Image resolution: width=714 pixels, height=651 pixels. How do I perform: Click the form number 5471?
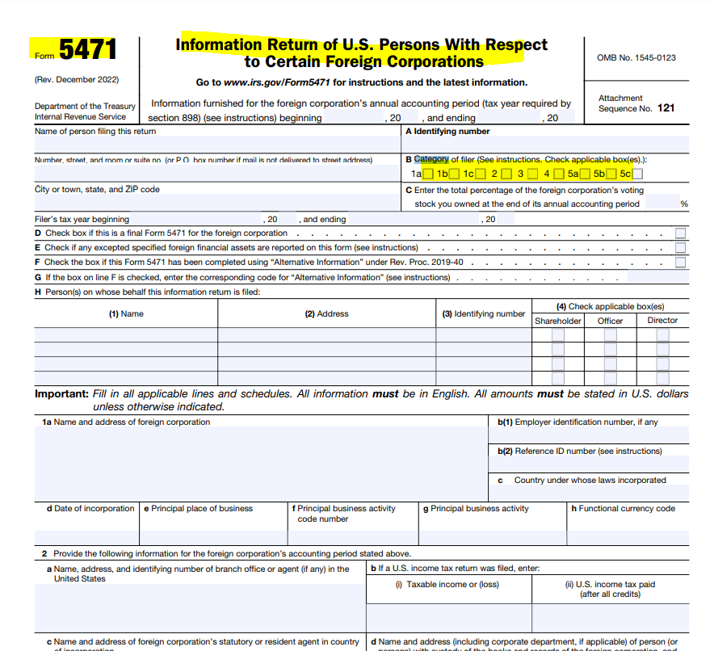87,51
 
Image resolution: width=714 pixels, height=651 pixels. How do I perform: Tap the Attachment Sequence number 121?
666,108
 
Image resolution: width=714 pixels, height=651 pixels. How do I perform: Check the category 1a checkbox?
427,174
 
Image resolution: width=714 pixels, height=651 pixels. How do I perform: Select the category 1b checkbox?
454,174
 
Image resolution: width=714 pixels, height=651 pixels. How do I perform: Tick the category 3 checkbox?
533,174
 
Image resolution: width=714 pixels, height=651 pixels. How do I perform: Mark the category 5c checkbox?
638,174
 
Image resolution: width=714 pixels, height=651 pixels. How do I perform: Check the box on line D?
681,233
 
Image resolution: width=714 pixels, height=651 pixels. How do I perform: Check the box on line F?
681,262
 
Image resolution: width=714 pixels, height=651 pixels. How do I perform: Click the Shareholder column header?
558,321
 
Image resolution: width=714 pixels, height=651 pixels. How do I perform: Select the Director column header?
662,321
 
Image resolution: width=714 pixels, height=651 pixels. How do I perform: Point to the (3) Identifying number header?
483,313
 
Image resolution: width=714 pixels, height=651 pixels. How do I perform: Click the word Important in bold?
61,394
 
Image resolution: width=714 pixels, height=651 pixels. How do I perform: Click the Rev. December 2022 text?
77,80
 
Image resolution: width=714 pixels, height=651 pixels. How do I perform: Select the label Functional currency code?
623,509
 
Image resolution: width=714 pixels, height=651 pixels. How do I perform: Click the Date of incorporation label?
90,509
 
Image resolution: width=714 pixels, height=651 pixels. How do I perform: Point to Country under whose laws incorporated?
590,480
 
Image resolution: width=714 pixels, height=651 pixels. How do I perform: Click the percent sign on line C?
684,204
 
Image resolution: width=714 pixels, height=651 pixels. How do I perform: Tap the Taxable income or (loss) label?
447,584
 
